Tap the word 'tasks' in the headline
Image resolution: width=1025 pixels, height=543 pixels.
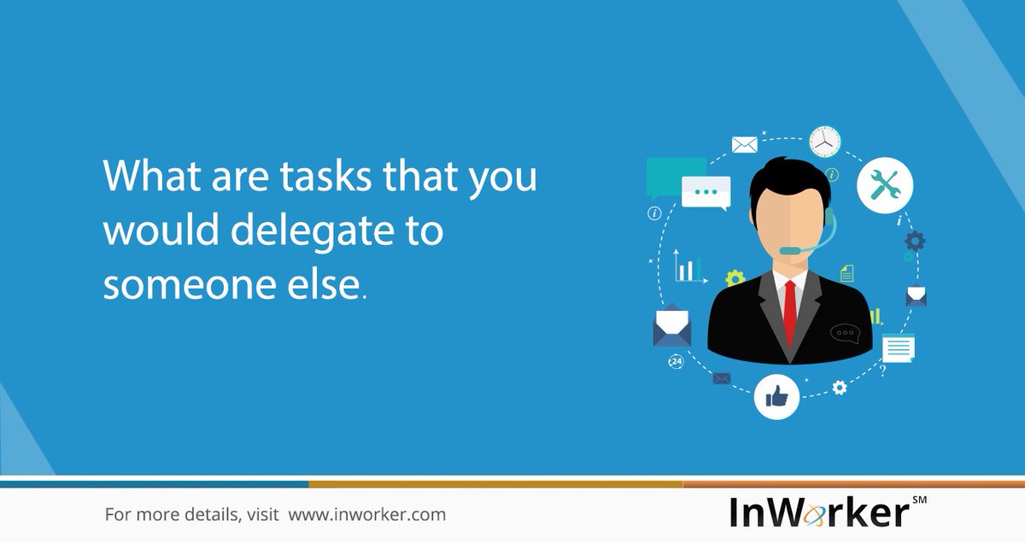318,177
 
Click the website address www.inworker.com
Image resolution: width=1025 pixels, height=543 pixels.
366,515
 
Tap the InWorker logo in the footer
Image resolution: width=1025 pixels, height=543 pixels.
819,512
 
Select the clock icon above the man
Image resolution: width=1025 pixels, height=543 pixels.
824,142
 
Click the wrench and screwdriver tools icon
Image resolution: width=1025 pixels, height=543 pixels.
884,184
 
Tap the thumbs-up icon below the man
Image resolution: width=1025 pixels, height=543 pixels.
776,396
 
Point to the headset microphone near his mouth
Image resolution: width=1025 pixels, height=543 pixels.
789,250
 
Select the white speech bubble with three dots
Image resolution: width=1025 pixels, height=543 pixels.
706,193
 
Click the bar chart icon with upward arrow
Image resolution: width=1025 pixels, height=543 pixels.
688,266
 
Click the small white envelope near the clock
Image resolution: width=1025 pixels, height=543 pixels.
744,144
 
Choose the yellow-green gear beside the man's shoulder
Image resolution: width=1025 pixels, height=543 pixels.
735,277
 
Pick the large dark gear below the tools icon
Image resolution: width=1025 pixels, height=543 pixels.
915,241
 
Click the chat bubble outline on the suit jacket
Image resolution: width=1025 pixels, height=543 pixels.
844,331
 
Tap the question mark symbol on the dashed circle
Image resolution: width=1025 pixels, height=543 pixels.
882,371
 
